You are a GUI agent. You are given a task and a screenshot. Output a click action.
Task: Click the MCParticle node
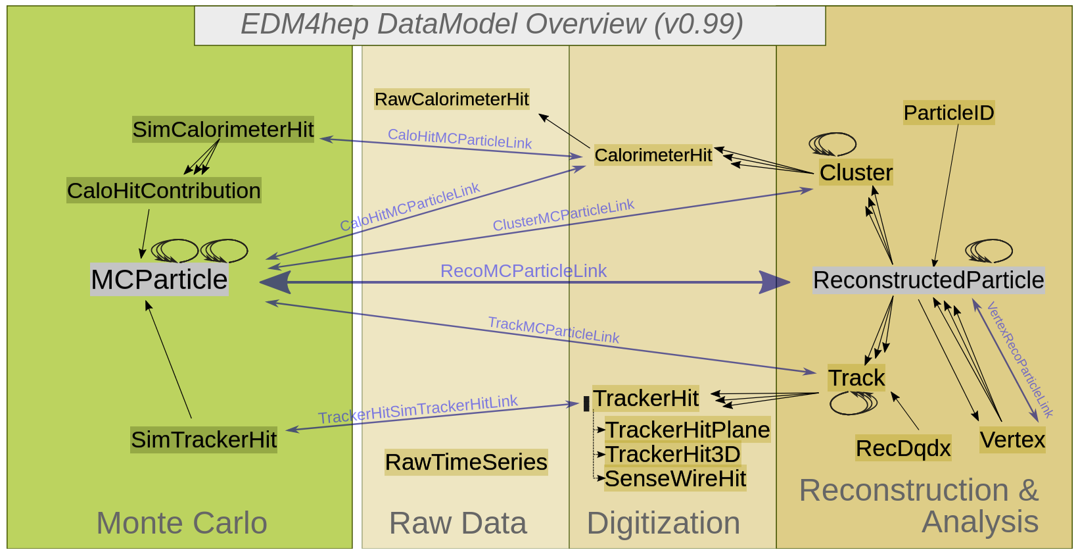pyautogui.click(x=159, y=280)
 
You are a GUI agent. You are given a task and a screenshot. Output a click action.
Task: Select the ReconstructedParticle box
pyautogui.click(x=928, y=280)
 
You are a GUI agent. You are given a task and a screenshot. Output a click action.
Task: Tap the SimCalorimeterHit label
pyautogui.click(x=223, y=130)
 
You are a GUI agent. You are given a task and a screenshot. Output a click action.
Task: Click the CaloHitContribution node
pyautogui.click(x=164, y=191)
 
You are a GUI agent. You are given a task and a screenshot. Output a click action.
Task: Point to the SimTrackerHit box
pyautogui.click(x=204, y=440)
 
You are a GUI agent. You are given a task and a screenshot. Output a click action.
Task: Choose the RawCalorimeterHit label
pyautogui.click(x=452, y=99)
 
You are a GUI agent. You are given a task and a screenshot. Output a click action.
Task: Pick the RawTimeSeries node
pyautogui.click(x=466, y=463)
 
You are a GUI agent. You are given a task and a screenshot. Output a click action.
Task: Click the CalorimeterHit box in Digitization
pyautogui.click(x=653, y=155)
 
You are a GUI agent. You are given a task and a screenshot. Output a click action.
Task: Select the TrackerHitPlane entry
pyautogui.click(x=687, y=430)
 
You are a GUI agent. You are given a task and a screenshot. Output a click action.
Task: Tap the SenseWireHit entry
pyautogui.click(x=675, y=479)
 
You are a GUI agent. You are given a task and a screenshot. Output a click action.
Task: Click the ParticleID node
pyautogui.click(x=949, y=113)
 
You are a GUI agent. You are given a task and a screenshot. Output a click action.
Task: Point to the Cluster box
pyautogui.click(x=856, y=172)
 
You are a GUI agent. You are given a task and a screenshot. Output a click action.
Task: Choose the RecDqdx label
pyautogui.click(x=903, y=448)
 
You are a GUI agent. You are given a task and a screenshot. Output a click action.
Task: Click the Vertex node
pyautogui.click(x=1012, y=440)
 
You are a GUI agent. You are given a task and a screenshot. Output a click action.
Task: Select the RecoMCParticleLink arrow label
pyautogui.click(x=523, y=271)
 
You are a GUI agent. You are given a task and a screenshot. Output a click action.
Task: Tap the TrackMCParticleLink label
pyautogui.click(x=553, y=330)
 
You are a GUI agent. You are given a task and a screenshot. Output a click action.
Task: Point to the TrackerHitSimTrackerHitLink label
pyautogui.click(x=418, y=409)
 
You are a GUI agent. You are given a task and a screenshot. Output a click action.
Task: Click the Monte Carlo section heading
pyautogui.click(x=181, y=523)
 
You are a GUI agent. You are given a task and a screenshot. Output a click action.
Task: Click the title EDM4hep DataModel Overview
pyautogui.click(x=492, y=24)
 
